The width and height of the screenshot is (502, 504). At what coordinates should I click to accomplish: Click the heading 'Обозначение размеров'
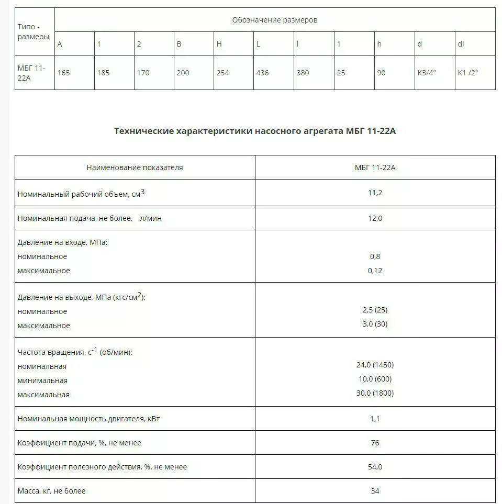click(274, 20)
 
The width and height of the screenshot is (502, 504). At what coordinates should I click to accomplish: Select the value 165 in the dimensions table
click(63, 73)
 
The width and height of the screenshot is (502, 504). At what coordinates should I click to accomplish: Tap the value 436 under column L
click(262, 73)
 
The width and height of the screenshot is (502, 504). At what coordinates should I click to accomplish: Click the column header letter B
click(179, 44)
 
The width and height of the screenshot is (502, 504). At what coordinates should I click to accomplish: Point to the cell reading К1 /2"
click(468, 73)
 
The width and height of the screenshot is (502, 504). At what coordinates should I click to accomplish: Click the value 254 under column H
click(222, 73)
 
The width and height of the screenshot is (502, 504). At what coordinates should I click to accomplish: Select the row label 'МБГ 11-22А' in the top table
click(32, 73)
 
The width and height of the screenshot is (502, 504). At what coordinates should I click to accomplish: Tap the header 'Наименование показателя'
click(135, 167)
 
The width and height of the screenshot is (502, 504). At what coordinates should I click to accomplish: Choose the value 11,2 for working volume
click(375, 193)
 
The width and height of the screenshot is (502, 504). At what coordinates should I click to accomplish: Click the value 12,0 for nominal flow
click(375, 218)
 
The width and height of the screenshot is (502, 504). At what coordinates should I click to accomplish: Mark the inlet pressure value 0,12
click(375, 271)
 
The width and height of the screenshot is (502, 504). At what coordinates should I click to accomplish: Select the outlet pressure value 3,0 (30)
click(375, 324)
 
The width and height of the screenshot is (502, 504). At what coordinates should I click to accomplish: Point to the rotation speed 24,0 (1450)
click(375, 365)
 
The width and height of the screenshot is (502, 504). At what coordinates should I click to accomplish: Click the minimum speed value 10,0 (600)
click(375, 379)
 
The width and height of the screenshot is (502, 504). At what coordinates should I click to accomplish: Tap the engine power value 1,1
click(375, 419)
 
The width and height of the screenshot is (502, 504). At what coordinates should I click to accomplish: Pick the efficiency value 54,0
click(375, 467)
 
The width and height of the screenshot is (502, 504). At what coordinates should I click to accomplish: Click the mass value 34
click(375, 491)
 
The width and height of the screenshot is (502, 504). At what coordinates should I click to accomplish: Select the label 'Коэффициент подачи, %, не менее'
click(80, 443)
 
